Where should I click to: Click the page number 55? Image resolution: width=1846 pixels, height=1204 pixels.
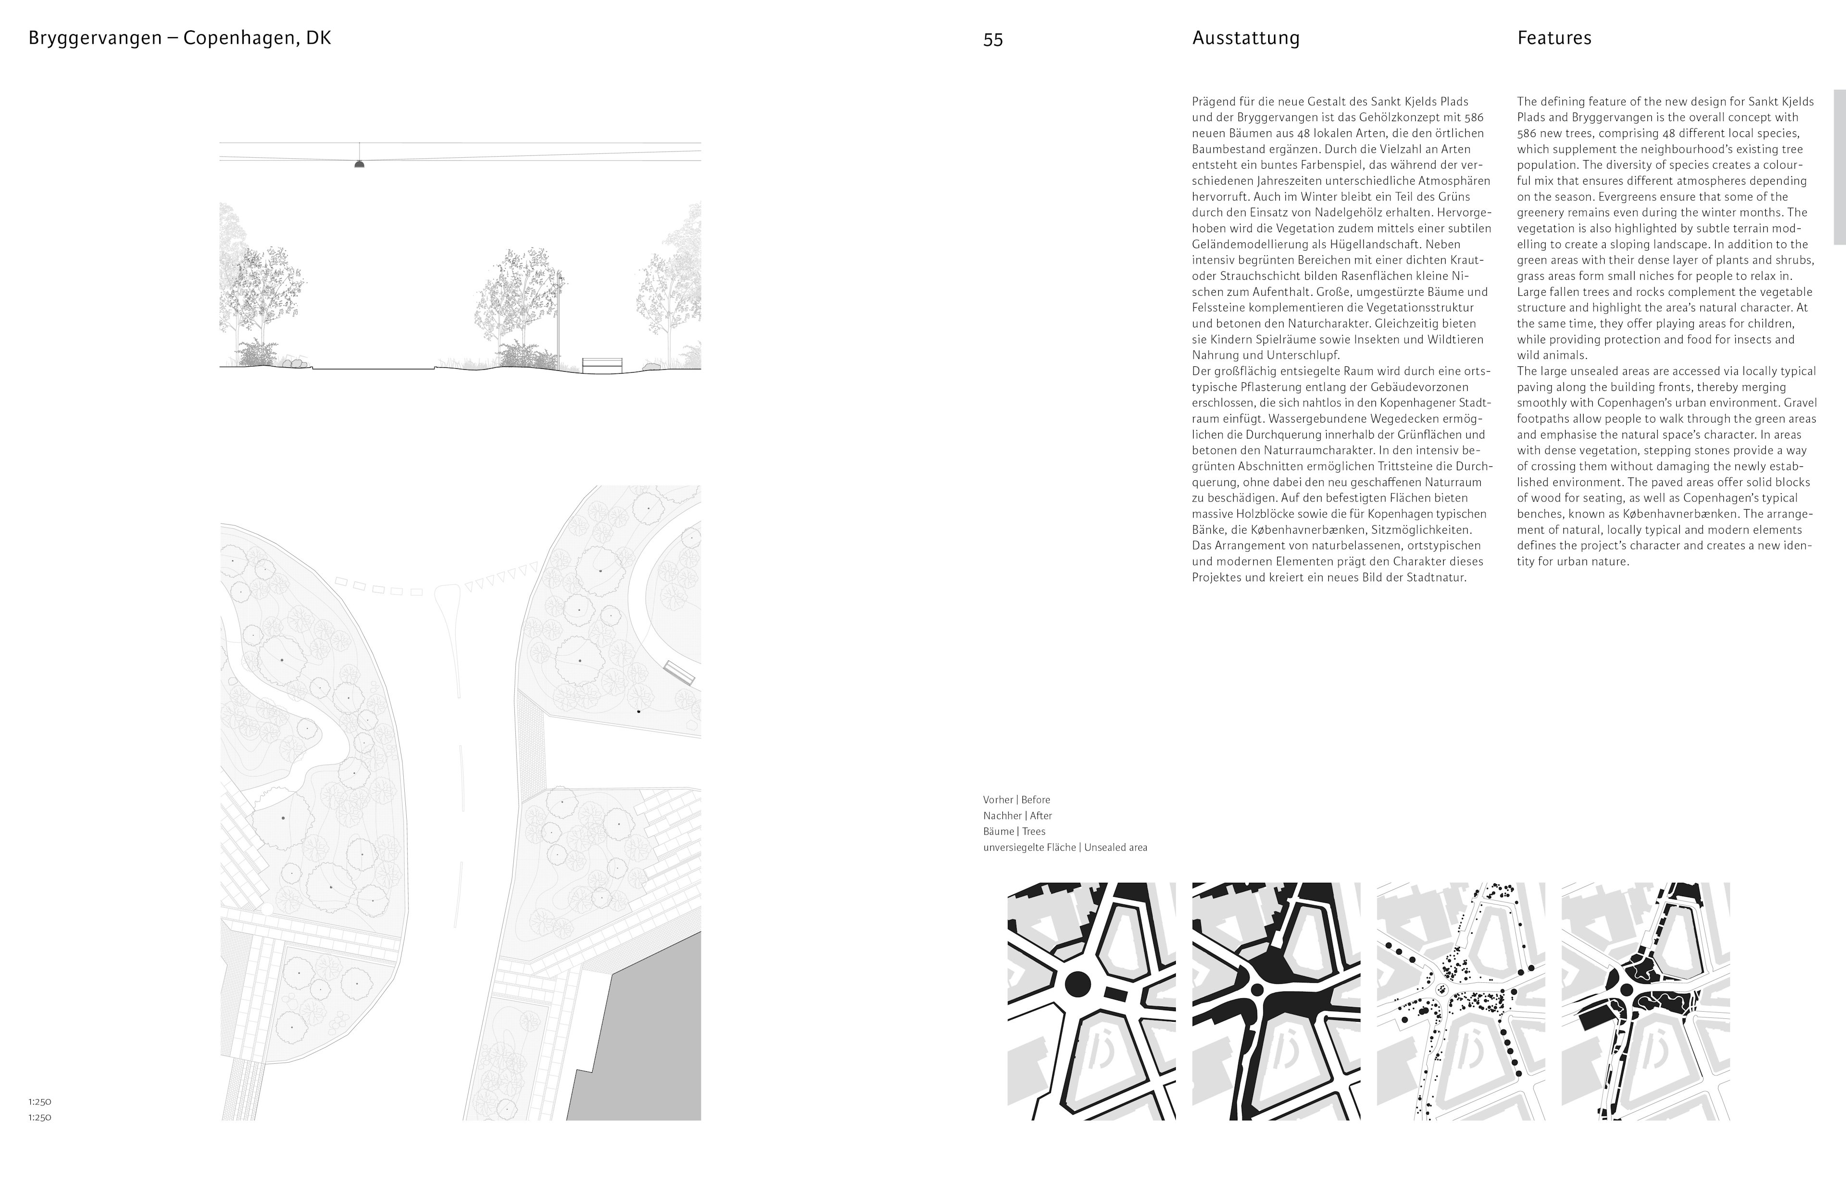coord(993,39)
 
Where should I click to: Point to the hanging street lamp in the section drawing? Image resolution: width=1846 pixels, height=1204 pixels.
coord(359,163)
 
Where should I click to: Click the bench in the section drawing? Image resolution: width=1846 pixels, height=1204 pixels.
coord(602,364)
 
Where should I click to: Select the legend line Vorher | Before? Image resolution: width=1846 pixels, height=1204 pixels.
coord(1016,800)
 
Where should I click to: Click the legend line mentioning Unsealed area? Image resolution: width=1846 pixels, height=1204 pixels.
coord(1065,847)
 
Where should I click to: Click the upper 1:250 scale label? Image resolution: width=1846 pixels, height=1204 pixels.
coord(39,1102)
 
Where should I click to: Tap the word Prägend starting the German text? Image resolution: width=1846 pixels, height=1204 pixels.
coord(1212,101)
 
